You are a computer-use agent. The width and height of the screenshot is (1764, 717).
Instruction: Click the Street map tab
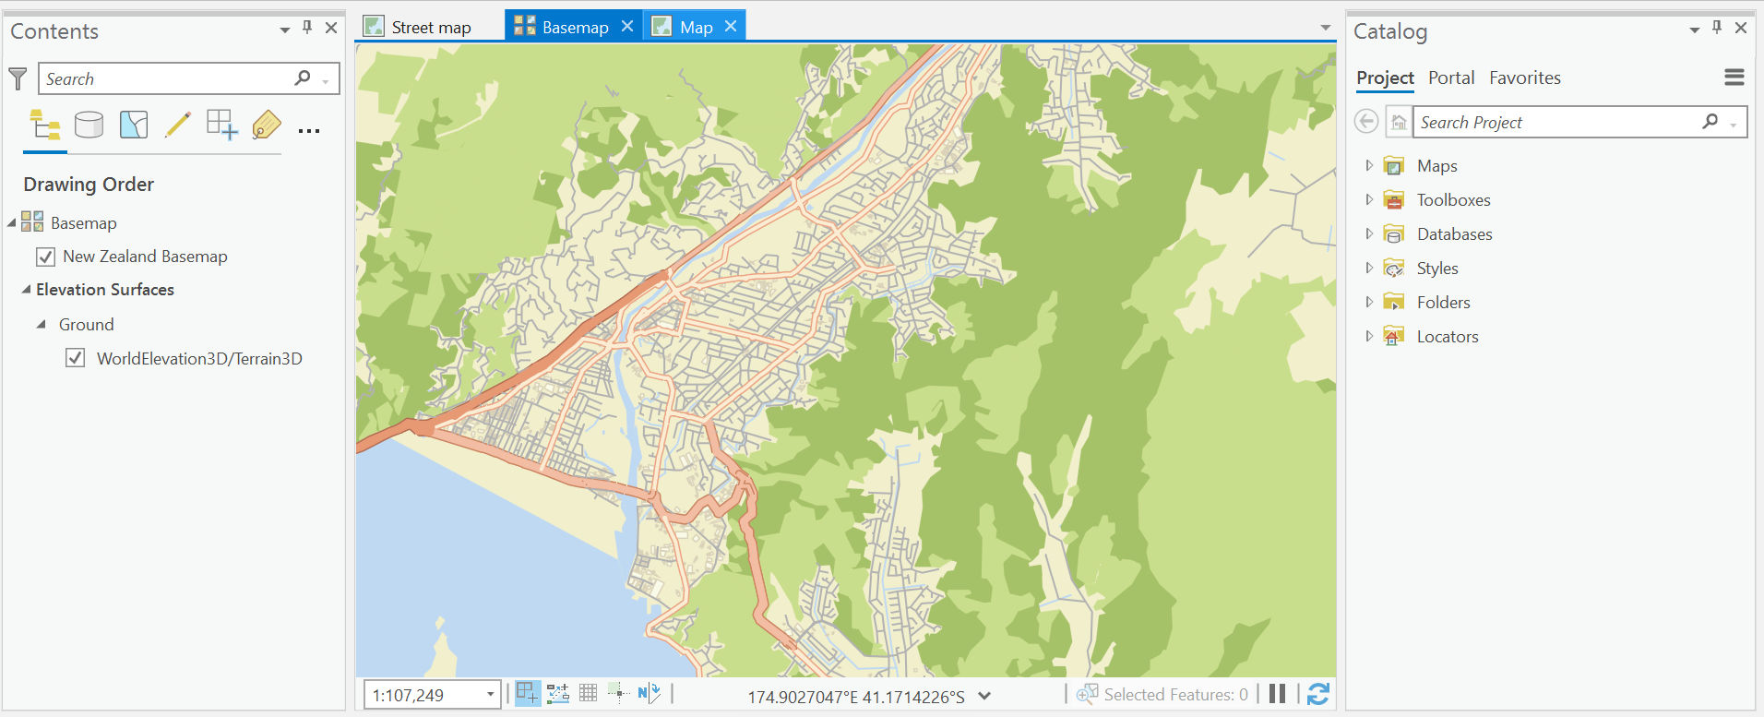pos(430,28)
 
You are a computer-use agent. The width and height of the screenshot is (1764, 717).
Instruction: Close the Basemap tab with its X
pos(627,27)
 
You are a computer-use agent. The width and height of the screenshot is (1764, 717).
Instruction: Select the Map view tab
pos(696,28)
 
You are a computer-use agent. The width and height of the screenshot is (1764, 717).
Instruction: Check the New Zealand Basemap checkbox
pos(45,257)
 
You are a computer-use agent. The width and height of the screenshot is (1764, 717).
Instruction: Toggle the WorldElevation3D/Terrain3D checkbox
pos(76,358)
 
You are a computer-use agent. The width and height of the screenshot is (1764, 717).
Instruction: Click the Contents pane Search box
pos(166,79)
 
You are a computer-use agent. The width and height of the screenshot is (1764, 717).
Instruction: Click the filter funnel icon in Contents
pos(18,79)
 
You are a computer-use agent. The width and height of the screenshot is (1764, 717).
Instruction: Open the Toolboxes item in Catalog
pos(1453,200)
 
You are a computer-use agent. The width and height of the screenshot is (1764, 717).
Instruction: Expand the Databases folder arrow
pos(1369,234)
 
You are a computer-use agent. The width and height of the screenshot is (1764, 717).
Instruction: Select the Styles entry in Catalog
pos(1437,269)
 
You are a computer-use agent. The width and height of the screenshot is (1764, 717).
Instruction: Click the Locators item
pos(1447,337)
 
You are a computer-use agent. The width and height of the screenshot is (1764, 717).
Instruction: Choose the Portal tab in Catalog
pos(1451,78)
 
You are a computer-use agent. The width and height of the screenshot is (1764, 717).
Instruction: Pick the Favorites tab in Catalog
pos(1524,78)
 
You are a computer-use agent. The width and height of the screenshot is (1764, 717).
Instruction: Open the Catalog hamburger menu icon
pos(1734,78)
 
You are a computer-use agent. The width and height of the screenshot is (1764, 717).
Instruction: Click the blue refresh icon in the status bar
pos(1318,694)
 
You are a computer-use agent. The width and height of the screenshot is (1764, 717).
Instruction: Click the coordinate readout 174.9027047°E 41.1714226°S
pos(855,697)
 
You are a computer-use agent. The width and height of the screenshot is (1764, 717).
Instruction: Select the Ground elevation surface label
pos(87,325)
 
